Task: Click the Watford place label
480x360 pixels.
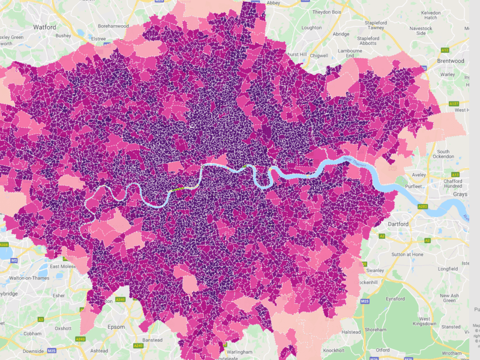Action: tap(44, 26)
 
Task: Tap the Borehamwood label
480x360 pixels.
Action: tap(113, 26)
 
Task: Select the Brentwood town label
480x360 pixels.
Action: tap(450, 61)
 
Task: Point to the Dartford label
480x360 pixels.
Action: tap(399, 224)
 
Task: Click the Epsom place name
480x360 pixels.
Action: tap(116, 327)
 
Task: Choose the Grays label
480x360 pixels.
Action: tap(460, 194)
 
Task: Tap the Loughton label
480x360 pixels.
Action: tap(311, 27)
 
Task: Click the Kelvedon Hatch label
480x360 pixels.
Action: tap(430, 14)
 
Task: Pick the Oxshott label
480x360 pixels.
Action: tap(63, 328)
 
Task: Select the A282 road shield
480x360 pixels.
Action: tap(423, 207)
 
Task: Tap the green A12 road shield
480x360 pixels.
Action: tap(445, 50)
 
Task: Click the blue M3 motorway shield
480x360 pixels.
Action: tap(14, 260)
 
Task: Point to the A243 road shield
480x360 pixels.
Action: tap(81, 339)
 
